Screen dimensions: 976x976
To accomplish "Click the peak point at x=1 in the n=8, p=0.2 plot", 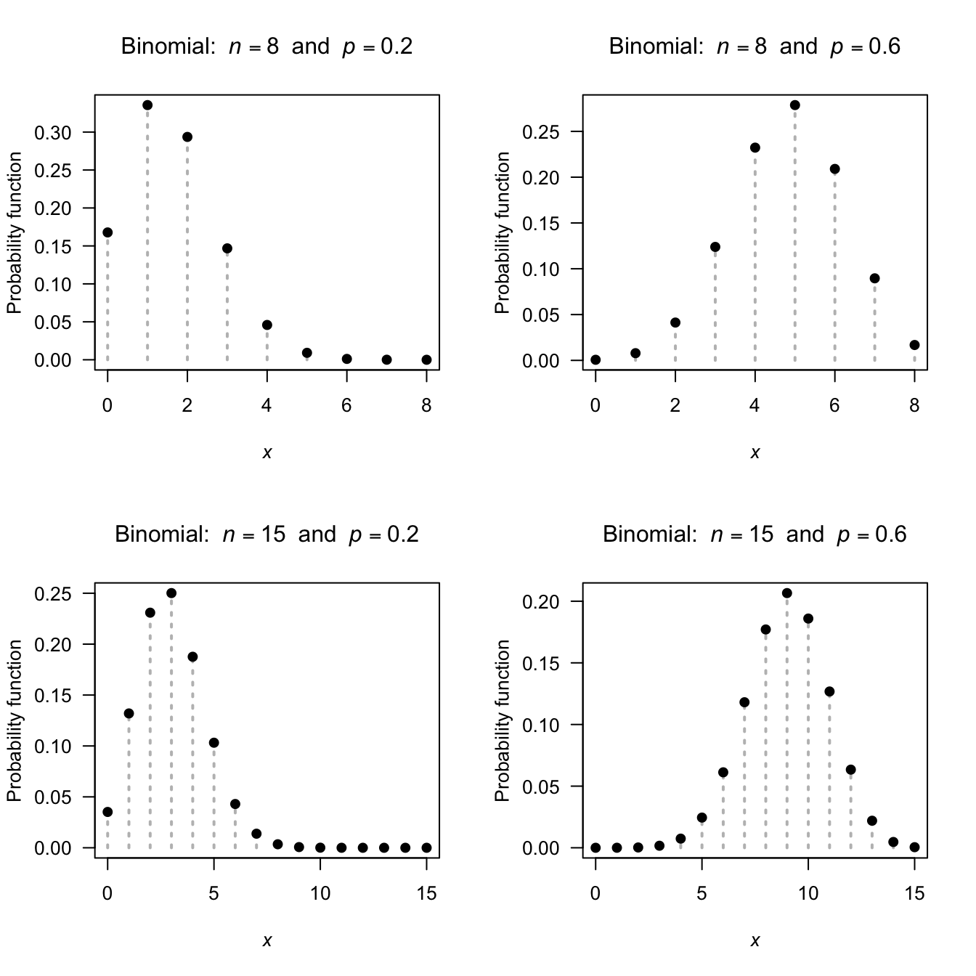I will [x=147, y=105].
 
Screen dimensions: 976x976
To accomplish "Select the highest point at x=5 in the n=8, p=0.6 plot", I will [x=794, y=105].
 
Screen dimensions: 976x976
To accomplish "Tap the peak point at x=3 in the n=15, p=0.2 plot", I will [x=171, y=593].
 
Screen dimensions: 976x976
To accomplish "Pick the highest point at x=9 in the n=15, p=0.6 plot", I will [x=787, y=593].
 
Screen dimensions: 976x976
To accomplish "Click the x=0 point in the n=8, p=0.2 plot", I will [x=107, y=232].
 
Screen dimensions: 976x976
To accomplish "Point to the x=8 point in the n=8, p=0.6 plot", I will [x=914, y=345].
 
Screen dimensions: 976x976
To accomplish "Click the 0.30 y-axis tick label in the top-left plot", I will [x=53, y=133].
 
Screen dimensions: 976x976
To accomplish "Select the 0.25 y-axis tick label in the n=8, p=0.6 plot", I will [x=541, y=132].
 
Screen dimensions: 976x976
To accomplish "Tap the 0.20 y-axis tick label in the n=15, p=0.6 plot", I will [x=541, y=602].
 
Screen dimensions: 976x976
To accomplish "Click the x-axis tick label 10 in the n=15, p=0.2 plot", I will [x=320, y=894].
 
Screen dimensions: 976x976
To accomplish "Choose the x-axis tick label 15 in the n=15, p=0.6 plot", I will [x=914, y=894].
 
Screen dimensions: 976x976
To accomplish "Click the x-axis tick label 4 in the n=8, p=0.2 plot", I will [x=267, y=406].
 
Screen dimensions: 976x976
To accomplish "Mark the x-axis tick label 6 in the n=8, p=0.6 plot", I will [x=834, y=406].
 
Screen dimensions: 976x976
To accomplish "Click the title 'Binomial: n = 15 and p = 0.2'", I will [x=267, y=535].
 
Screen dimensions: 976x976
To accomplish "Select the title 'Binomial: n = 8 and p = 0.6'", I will [x=755, y=47].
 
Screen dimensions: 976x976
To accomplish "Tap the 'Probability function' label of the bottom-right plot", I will [x=503, y=720].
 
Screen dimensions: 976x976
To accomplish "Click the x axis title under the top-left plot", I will [x=267, y=453].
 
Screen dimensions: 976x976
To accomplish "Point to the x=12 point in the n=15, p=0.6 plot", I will [x=850, y=770].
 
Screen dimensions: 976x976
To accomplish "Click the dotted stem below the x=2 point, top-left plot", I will [x=187, y=254].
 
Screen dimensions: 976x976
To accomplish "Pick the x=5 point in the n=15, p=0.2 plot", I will [x=213, y=743].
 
